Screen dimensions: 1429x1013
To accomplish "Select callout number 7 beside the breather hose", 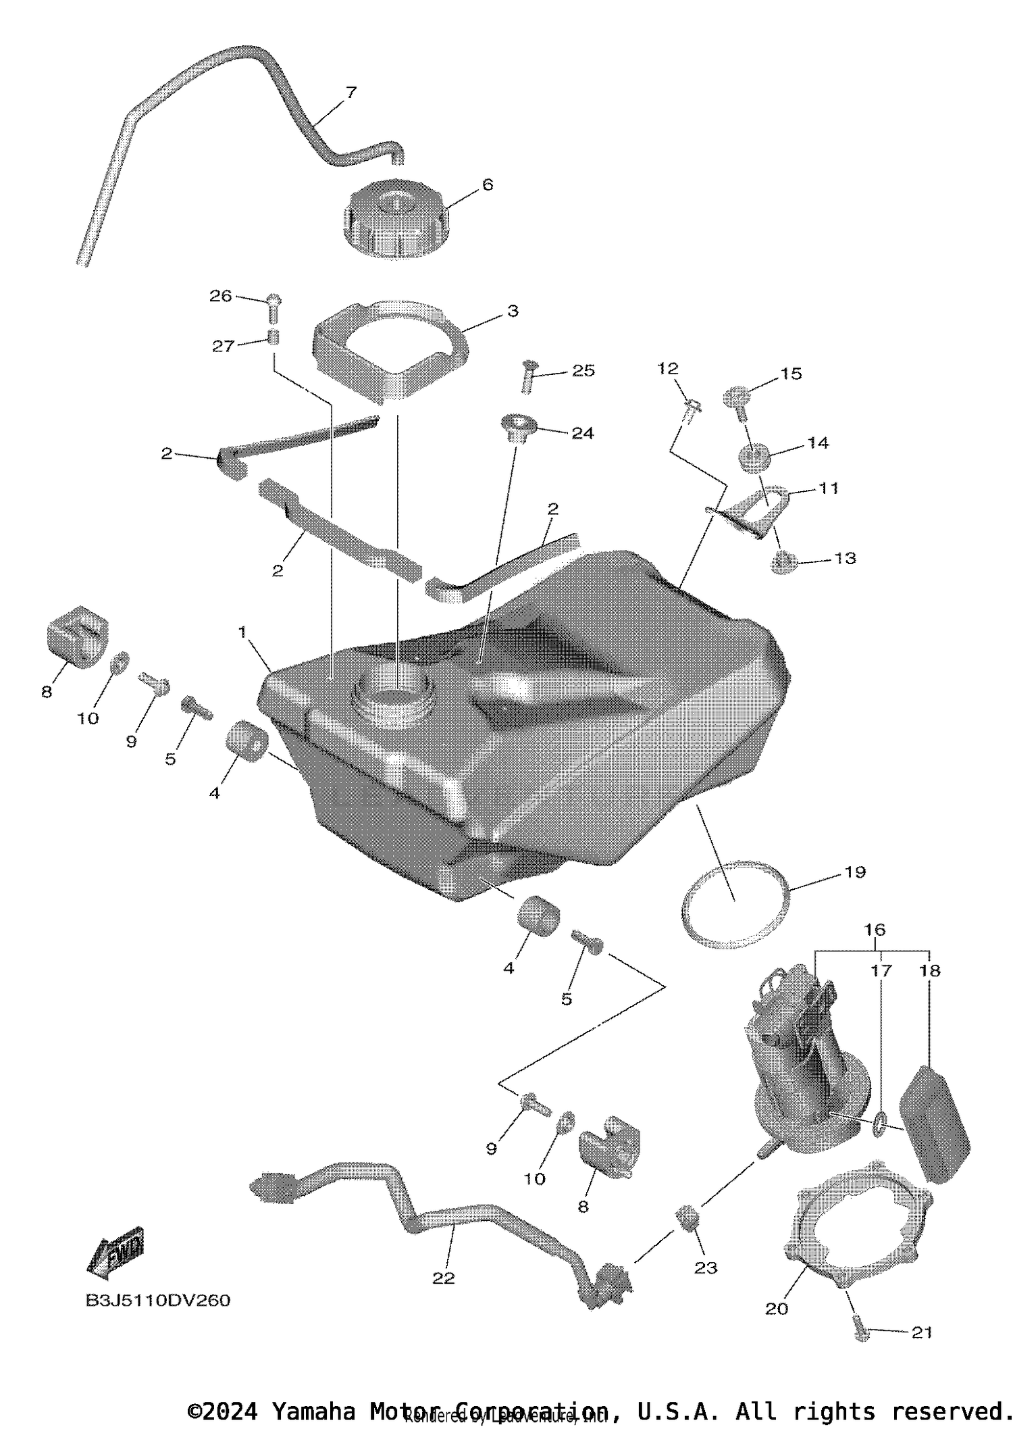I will (x=350, y=93).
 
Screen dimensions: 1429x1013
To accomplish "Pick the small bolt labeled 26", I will (x=274, y=308).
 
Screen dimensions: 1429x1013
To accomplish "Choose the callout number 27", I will (x=223, y=346).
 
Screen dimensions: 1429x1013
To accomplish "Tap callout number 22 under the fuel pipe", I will (x=444, y=1278).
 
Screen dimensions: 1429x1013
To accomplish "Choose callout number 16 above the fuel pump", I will (x=875, y=930).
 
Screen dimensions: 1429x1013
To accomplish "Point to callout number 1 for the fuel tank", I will (x=242, y=632).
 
